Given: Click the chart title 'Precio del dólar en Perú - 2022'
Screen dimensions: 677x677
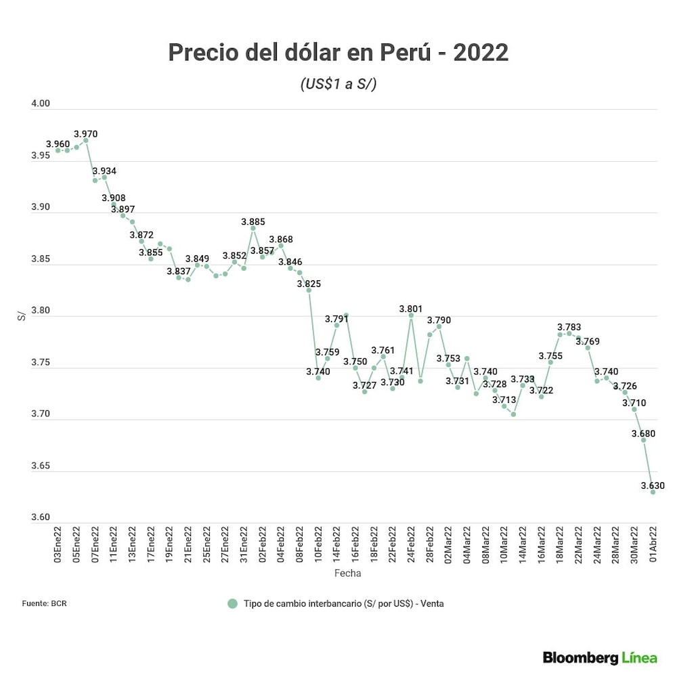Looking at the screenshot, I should (338, 52).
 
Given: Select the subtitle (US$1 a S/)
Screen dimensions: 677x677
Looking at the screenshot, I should (338, 85).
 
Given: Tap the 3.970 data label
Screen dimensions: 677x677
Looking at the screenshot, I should (85, 134).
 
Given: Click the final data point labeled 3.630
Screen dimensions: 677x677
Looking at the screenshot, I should (653, 492).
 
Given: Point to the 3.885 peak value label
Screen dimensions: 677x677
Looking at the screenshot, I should (253, 221).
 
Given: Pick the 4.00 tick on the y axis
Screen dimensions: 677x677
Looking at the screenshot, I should (41, 104).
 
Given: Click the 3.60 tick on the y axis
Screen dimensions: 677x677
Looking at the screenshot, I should (41, 518).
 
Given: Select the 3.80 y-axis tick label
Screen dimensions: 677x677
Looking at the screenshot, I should (41, 311).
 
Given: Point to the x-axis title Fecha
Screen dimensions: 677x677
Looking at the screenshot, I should (347, 573).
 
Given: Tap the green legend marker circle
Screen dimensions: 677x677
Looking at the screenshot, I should (233, 603).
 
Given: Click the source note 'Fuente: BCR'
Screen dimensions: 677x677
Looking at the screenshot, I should (44, 603).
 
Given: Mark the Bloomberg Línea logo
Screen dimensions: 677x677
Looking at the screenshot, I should (600, 657).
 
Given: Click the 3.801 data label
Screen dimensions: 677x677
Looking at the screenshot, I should (410, 309).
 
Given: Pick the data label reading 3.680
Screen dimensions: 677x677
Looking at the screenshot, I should (643, 434).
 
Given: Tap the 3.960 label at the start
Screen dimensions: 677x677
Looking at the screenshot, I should (58, 144).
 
